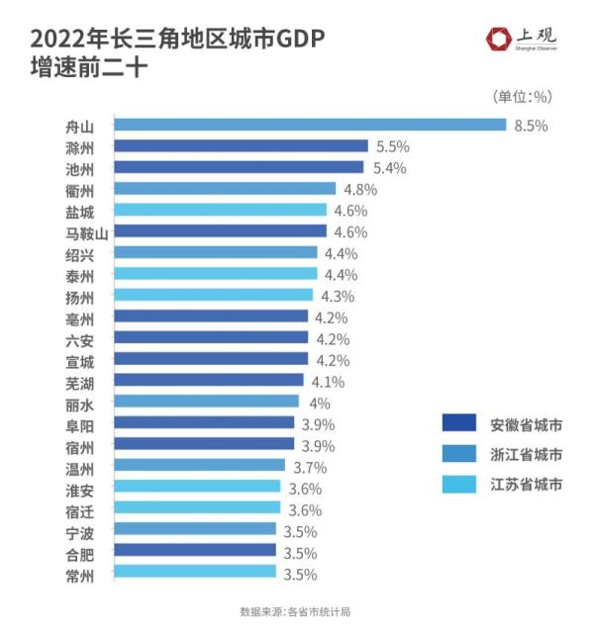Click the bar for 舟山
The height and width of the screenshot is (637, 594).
click(x=310, y=125)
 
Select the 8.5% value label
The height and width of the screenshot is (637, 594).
click(x=531, y=125)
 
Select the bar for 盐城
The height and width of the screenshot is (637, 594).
click(x=221, y=211)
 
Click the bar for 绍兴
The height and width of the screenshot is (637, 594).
click(x=216, y=253)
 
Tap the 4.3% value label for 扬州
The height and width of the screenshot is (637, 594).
click(x=338, y=296)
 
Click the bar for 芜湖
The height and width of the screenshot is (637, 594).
click(x=209, y=381)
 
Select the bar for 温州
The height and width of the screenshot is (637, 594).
click(x=200, y=466)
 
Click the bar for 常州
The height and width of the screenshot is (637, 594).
click(x=195, y=573)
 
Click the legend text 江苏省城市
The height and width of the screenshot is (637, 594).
click(x=527, y=485)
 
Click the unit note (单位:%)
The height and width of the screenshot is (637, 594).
click(x=522, y=96)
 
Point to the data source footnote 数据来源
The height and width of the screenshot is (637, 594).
click(x=295, y=611)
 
